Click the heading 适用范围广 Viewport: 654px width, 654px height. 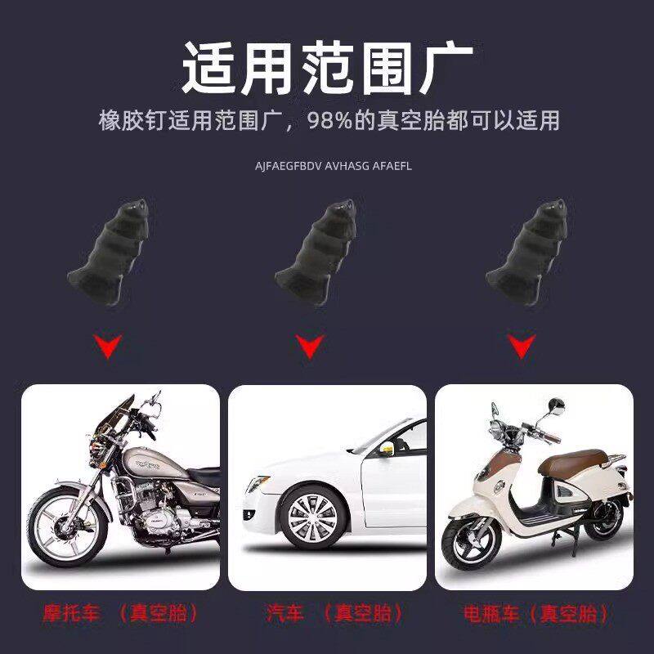pos(327,67)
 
